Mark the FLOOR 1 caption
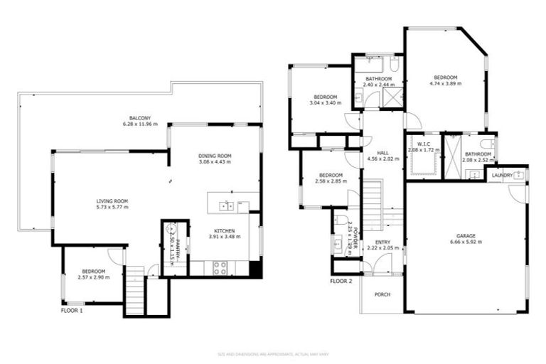point(72,310)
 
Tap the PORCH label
point(382,294)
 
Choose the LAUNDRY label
point(502,175)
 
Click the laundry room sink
point(520,175)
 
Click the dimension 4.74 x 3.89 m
point(445,83)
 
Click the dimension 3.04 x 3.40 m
point(325,103)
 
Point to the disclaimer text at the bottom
point(272,353)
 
